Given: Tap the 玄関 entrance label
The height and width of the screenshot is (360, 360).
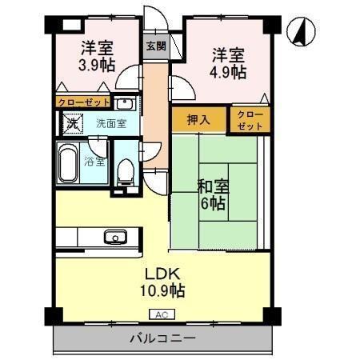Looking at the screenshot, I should (x=155, y=46).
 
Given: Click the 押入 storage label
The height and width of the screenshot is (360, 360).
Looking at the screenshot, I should (x=198, y=120).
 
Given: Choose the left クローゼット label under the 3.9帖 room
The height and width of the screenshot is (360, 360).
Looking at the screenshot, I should (x=82, y=102).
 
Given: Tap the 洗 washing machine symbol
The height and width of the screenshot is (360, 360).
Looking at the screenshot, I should (x=71, y=124).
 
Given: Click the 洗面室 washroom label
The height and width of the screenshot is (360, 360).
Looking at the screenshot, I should (x=110, y=124).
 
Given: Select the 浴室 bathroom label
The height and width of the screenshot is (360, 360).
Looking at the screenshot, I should (x=94, y=162).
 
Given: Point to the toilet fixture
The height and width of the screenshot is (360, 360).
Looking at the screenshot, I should (x=125, y=170).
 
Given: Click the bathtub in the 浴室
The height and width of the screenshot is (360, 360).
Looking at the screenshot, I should (x=69, y=164).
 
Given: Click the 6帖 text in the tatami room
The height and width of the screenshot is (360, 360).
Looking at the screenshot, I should (x=213, y=204).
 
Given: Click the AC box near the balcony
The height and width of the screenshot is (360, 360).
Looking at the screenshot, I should (x=161, y=314).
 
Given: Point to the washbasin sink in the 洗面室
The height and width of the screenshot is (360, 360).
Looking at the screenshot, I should (x=125, y=103).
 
